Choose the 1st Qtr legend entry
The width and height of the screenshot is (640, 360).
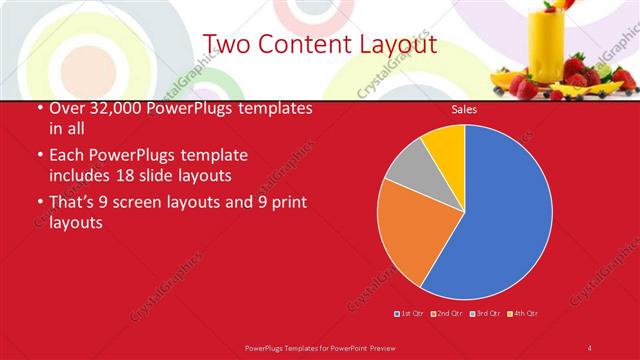tap(409, 313)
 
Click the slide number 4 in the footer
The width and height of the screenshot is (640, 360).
tap(590, 347)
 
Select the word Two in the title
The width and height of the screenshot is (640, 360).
tap(227, 45)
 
